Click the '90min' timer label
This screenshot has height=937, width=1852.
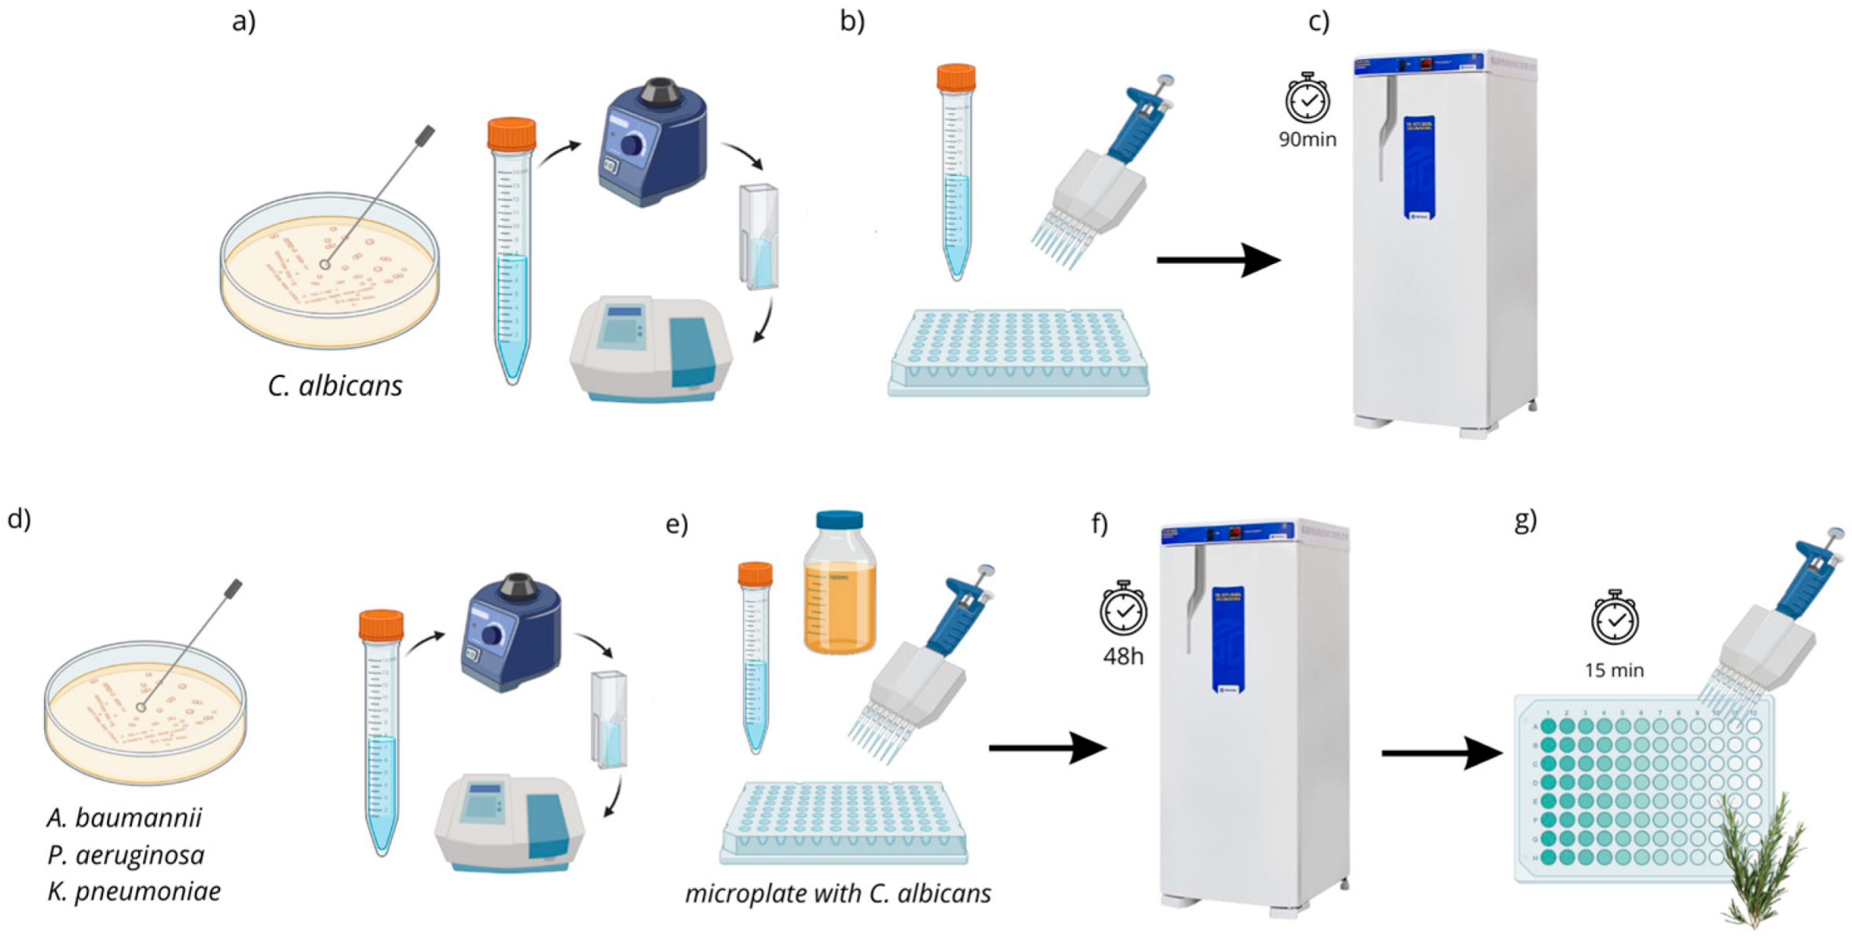click(1307, 140)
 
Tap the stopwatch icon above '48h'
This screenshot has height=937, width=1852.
click(1123, 609)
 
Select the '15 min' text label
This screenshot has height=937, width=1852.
click(1613, 670)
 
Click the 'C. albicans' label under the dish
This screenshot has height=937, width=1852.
click(335, 386)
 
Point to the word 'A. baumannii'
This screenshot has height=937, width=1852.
click(124, 818)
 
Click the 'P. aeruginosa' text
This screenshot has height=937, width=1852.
click(126, 855)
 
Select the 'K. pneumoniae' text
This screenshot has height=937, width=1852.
click(134, 891)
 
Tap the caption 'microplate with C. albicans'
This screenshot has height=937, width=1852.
click(837, 893)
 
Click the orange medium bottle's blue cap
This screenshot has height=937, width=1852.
click(839, 520)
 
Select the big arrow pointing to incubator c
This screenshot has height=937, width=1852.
click(1217, 260)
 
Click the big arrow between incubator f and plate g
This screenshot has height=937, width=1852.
click(1441, 753)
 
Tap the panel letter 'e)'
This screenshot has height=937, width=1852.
click(676, 524)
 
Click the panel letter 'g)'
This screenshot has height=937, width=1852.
click(1524, 520)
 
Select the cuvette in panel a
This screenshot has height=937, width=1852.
click(758, 236)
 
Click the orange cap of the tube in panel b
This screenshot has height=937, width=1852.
click(956, 78)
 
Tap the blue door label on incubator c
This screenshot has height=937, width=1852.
click(1419, 167)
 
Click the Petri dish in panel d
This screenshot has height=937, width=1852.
click(145, 712)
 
